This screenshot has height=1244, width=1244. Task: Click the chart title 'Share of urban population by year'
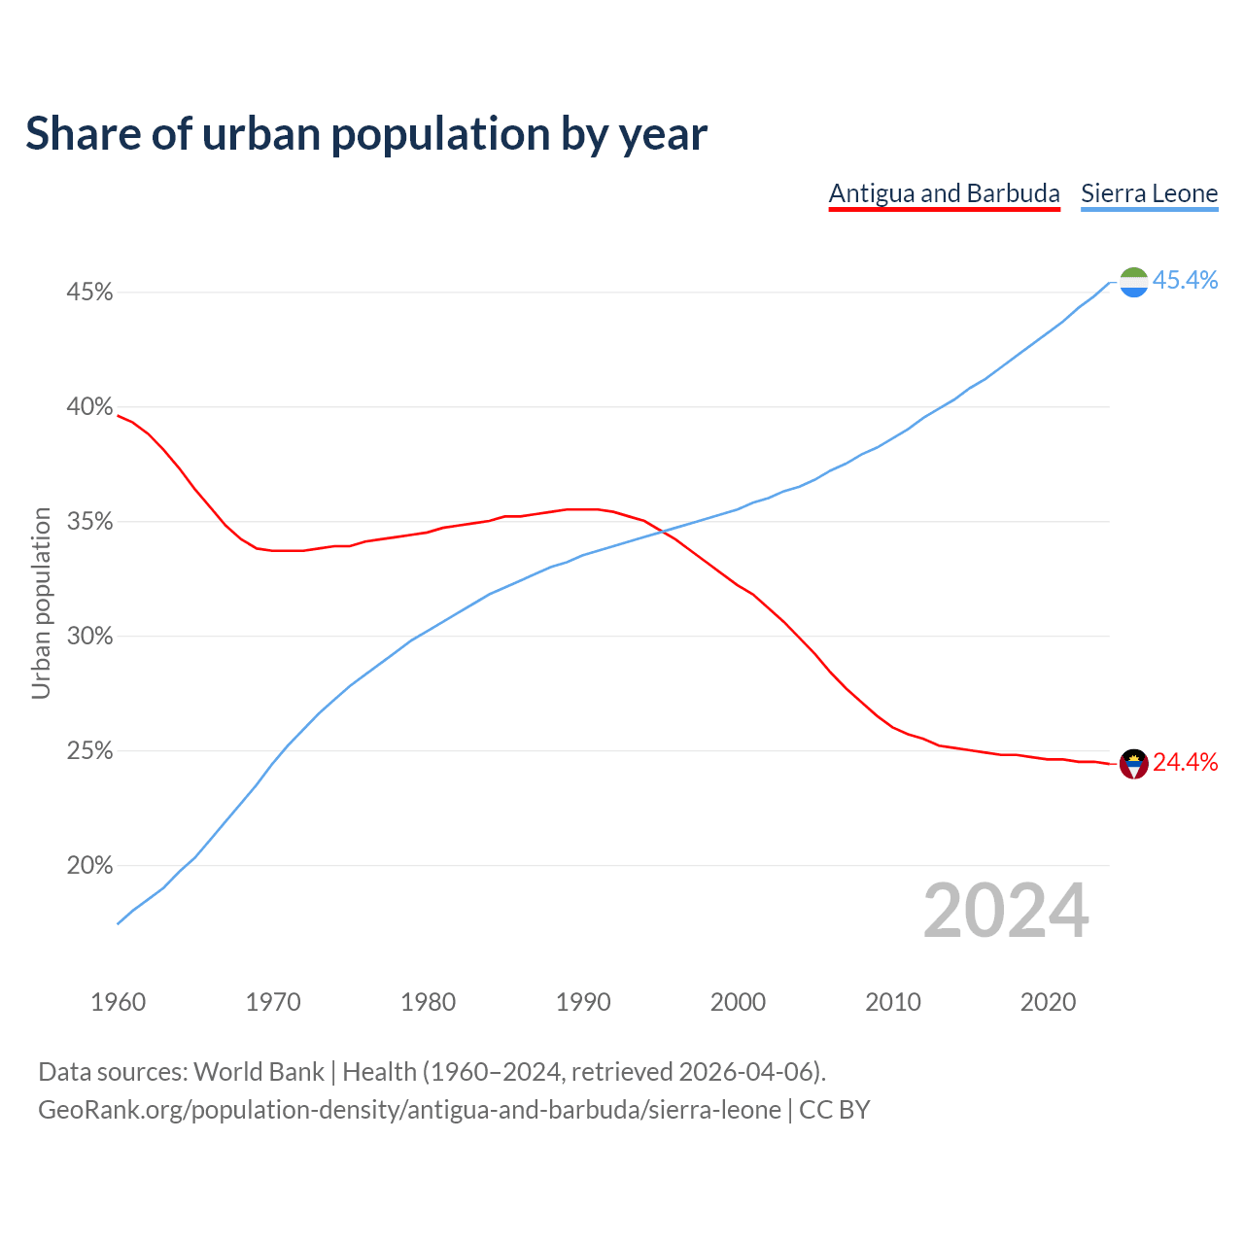pyautogui.click(x=366, y=134)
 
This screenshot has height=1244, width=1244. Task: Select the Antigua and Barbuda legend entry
pyautogui.click(x=944, y=193)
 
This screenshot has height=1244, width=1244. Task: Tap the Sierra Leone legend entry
pyautogui.click(x=1149, y=193)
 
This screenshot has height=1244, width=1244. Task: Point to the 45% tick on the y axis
pyautogui.click(x=89, y=293)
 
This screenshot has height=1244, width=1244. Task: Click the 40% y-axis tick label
pyautogui.click(x=89, y=407)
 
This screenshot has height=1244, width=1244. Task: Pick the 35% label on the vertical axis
pyautogui.click(x=89, y=522)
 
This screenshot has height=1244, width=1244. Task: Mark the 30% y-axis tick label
pyautogui.click(x=89, y=637)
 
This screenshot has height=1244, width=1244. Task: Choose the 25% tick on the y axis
pyautogui.click(x=89, y=751)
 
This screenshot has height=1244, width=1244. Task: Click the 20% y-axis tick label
pyautogui.click(x=89, y=866)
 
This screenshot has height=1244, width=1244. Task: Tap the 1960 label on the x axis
pyautogui.click(x=118, y=1002)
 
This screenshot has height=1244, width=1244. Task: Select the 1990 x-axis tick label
pyautogui.click(x=583, y=1002)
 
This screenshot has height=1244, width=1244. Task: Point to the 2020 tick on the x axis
pyautogui.click(x=1048, y=1002)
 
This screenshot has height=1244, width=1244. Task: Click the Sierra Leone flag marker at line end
pyautogui.click(x=1134, y=282)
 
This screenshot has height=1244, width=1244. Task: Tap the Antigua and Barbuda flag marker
pyautogui.click(x=1134, y=764)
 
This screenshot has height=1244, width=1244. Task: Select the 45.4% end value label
pyautogui.click(x=1185, y=281)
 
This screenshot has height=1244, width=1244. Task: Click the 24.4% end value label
pyautogui.click(x=1185, y=763)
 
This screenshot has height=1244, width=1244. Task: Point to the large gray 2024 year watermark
pyautogui.click(x=1006, y=911)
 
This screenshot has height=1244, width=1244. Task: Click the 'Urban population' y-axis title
pyautogui.click(x=41, y=603)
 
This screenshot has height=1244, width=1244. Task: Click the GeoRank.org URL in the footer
pyautogui.click(x=409, y=1110)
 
